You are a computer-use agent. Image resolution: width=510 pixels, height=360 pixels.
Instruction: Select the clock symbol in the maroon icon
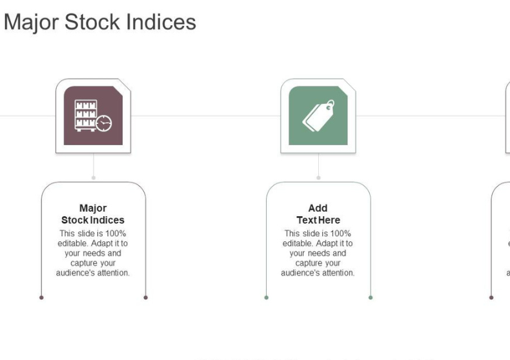point(103,123)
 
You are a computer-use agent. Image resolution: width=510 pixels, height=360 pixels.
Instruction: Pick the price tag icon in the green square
point(318,116)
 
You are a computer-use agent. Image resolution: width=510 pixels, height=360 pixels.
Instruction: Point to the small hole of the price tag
point(329,104)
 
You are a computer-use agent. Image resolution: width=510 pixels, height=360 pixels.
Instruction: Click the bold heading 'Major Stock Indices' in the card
point(93,214)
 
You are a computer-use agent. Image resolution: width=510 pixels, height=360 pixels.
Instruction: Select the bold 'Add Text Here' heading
point(318,214)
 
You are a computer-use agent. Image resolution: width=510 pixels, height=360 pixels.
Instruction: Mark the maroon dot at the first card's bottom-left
point(41,297)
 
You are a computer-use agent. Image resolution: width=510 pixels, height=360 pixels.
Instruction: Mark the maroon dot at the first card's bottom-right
point(146,297)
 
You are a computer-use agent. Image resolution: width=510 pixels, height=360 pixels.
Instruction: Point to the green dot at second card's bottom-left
point(266,297)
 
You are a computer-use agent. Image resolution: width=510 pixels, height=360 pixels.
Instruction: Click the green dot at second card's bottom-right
point(371,297)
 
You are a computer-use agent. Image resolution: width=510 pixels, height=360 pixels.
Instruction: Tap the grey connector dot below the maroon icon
point(94,177)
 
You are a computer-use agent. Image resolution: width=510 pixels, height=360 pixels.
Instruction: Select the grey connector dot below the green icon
point(318,177)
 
